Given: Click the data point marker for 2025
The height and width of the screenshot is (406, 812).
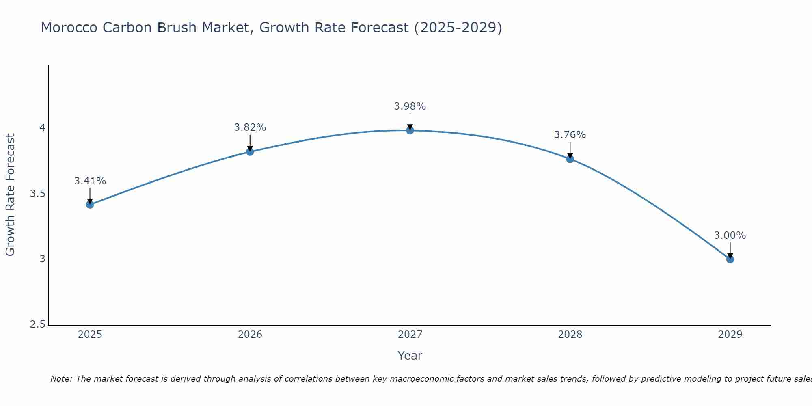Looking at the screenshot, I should [x=90, y=205].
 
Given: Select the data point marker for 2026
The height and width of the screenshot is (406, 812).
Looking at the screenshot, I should [x=250, y=152].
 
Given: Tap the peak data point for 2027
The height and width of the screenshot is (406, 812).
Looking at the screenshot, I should [x=410, y=130].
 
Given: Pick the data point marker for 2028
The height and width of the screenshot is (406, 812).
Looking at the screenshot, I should [x=570, y=159].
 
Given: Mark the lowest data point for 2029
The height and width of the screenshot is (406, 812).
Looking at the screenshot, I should [x=730, y=259].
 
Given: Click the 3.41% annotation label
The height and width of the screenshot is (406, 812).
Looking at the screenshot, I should [x=90, y=181].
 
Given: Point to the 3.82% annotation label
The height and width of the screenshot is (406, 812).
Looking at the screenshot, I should [x=250, y=127].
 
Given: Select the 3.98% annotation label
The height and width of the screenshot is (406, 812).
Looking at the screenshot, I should [x=410, y=106].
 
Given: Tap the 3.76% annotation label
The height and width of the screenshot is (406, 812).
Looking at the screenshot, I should [x=570, y=135].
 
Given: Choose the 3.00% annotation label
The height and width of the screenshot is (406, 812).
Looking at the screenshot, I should [x=730, y=235].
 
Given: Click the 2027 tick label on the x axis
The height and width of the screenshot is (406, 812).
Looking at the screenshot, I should [x=410, y=335].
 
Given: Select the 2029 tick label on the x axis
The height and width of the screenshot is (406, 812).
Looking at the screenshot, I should [x=730, y=335].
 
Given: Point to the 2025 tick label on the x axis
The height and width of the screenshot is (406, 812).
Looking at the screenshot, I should [x=90, y=335].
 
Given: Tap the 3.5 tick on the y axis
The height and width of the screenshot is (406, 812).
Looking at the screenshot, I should [x=37, y=194].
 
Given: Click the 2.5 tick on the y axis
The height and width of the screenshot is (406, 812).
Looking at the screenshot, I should [x=37, y=325].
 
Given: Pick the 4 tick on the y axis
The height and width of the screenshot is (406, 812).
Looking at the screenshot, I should [x=42, y=128].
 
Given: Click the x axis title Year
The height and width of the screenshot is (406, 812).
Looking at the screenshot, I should [x=410, y=356].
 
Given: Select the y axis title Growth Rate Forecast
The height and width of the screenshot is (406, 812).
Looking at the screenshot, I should [x=10, y=195].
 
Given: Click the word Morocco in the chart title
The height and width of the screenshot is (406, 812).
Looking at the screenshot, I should [x=69, y=28].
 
